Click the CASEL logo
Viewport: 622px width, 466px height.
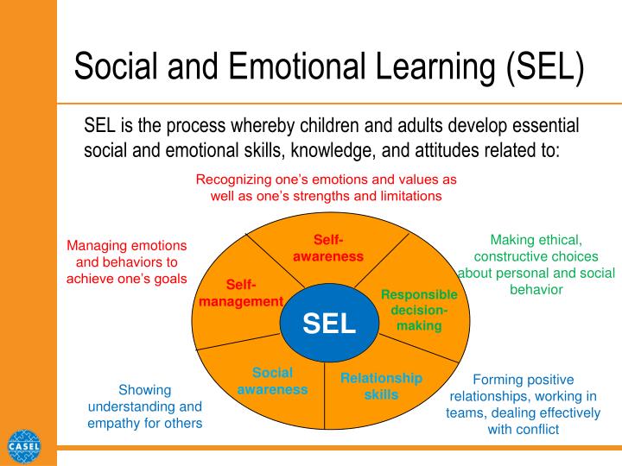coord(24,447)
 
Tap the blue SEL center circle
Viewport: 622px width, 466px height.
coord(329,323)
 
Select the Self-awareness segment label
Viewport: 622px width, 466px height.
coord(328,248)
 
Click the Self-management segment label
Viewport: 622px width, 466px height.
coord(241,293)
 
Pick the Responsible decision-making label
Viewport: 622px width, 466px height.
coord(419,310)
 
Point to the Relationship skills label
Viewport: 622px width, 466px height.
coord(381,387)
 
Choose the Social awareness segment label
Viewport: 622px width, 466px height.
coord(272,381)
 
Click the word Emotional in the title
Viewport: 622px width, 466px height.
coord(296,66)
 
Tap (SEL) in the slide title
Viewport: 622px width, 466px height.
coord(544,67)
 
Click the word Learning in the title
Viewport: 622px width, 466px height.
coord(435,68)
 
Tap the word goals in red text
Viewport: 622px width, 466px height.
coord(170,280)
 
